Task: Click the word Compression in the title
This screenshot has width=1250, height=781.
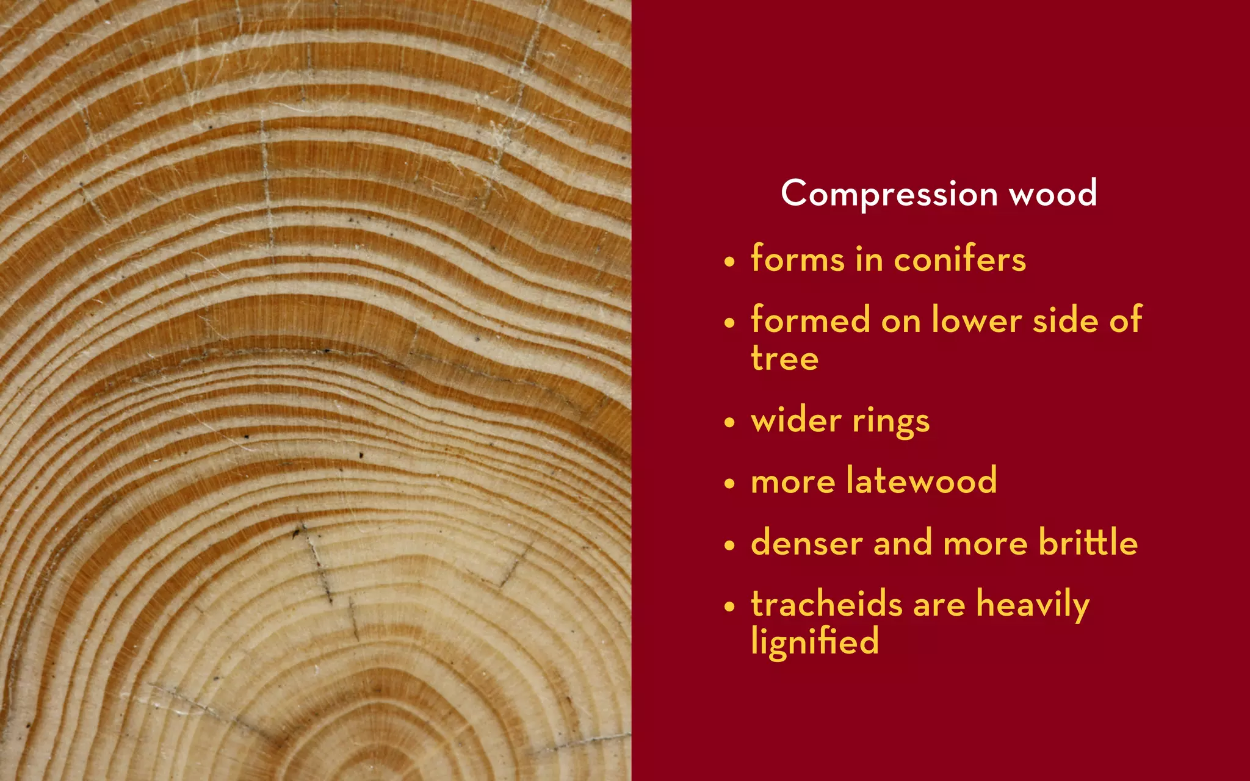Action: [889, 194]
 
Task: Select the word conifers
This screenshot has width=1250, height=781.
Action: [959, 259]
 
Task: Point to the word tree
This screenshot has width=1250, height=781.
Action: [784, 358]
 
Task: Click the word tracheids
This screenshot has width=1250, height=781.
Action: [826, 603]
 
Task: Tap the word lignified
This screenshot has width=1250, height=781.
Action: [814, 642]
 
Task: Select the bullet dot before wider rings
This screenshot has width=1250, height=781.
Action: [729, 423]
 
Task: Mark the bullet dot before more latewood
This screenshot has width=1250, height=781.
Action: [729, 484]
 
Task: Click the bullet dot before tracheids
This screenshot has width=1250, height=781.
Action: [729, 606]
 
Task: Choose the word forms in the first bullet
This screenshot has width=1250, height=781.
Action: [797, 259]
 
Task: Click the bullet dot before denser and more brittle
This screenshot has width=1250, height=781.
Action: [729, 545]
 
